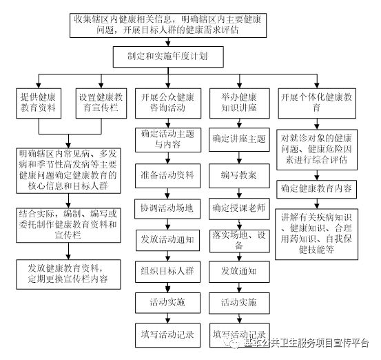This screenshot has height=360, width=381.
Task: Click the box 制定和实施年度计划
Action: pyautogui.click(x=168, y=57)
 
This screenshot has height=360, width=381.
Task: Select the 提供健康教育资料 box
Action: pyautogui.click(x=39, y=103)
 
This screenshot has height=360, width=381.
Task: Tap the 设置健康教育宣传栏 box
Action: pyautogui.click(x=101, y=103)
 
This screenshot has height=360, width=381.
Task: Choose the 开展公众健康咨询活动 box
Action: pyautogui.click(x=168, y=103)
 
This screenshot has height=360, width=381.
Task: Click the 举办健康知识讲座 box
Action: pyautogui.click(x=239, y=103)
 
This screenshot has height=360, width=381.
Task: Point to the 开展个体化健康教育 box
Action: pyautogui.click(x=317, y=103)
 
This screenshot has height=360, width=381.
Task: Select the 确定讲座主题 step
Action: pyautogui.click(x=239, y=139)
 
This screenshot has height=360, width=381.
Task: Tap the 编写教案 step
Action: pyautogui.click(x=239, y=176)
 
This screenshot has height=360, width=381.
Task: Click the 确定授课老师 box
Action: pyautogui.click(x=239, y=209)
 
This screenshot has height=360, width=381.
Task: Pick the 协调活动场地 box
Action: pyautogui.click(x=167, y=209)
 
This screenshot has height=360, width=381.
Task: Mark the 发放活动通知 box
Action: pyautogui.click(x=167, y=240)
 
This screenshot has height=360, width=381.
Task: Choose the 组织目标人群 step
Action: pyautogui.click(x=167, y=272)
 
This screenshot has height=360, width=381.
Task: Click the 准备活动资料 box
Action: pyautogui.click(x=167, y=176)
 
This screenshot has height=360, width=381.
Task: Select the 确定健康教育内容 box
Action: pyautogui.click(x=317, y=189)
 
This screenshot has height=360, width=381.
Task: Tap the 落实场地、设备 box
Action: pyautogui.click(x=239, y=241)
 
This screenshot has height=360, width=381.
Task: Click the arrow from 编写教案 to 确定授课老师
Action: pyautogui.click(x=239, y=193)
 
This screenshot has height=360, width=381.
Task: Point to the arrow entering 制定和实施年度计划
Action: pyautogui.click(x=168, y=42)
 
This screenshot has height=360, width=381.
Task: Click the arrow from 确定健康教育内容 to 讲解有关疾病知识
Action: pyautogui.click(x=317, y=203)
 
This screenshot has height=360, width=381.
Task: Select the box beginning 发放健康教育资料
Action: pyautogui.click(x=68, y=274)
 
